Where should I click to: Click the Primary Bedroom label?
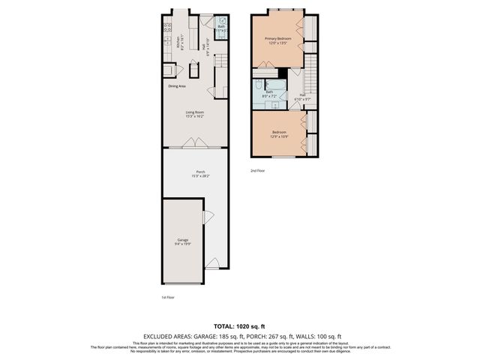[x=278, y=38]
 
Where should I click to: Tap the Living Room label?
[x=195, y=113]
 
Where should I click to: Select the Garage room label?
[x=183, y=240]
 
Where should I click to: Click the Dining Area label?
[x=177, y=85]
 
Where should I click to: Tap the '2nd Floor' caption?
[x=257, y=170]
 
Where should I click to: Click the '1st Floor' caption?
[x=169, y=297]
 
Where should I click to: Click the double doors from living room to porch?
[x=194, y=142]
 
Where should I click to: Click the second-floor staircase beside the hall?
[x=313, y=75]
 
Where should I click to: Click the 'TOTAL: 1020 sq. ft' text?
[x=240, y=327]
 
